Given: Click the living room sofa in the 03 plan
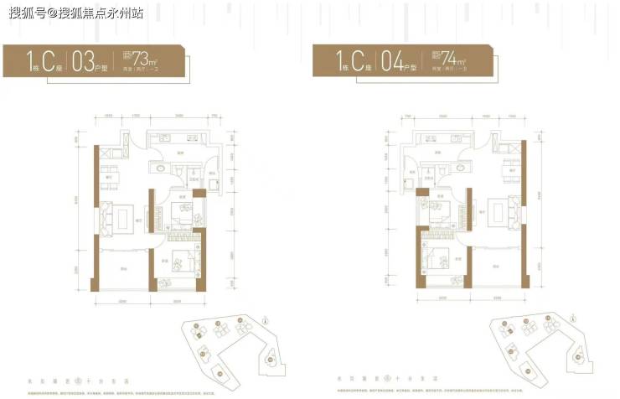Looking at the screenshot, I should point(106,220).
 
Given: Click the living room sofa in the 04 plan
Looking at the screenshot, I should point(509,209).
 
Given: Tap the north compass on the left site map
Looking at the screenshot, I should point(265,319).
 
